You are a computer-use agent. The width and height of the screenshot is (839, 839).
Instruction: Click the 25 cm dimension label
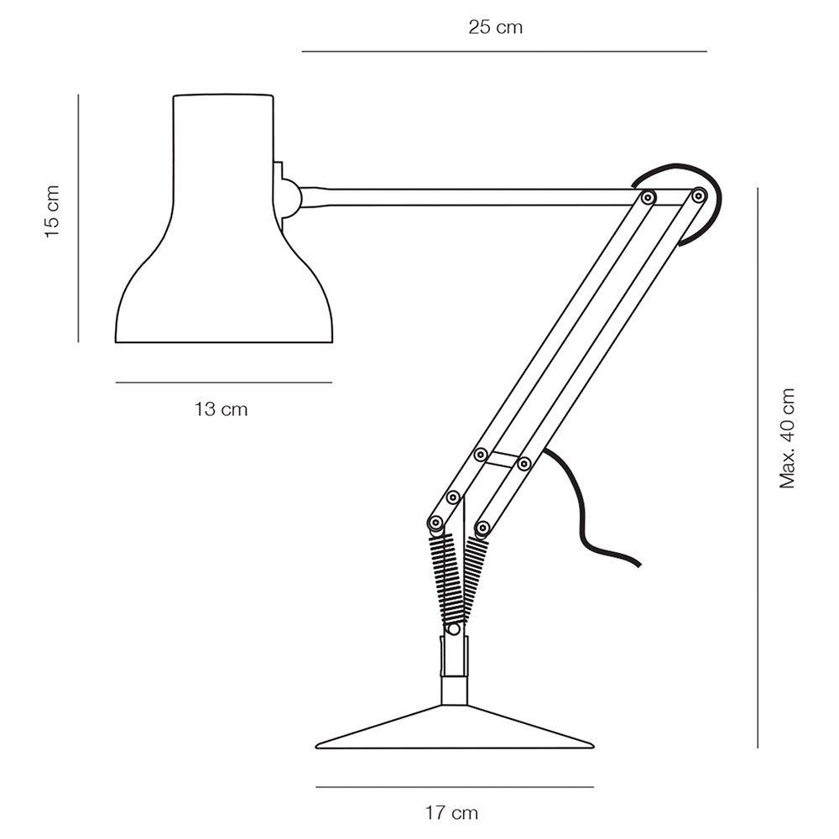coord(496,27)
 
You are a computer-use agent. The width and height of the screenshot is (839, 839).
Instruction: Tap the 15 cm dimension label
coord(52,212)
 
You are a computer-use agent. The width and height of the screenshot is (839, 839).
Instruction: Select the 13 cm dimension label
coord(221,409)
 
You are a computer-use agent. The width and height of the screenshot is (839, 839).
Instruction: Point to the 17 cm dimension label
coord(451,813)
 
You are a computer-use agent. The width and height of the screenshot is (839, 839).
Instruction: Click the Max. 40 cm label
coord(787,438)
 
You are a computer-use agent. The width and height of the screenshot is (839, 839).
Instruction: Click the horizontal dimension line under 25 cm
coord(504,51)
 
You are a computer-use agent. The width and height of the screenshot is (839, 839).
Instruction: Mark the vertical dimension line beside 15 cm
coord(78,218)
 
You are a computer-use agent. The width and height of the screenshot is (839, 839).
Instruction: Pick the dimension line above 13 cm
coord(224,383)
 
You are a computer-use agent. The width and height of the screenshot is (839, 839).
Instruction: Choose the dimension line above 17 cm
coord(455,787)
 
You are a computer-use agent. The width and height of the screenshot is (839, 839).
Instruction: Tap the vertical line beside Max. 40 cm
coord(758,467)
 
